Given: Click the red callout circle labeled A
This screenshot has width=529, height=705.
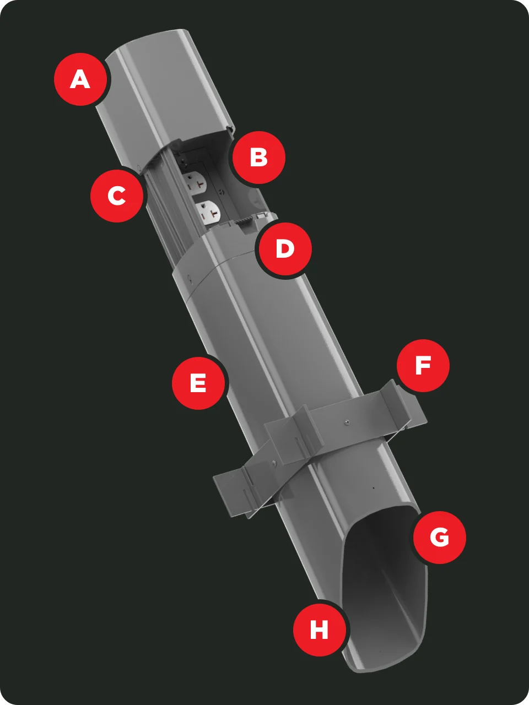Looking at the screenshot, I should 80,79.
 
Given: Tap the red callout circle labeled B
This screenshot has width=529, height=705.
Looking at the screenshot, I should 258,158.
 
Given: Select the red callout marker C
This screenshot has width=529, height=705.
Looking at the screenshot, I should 117,196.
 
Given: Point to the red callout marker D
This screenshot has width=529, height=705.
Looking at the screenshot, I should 285,249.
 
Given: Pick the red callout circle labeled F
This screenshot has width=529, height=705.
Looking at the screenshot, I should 423,366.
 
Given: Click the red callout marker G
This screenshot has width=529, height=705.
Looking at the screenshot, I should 439,537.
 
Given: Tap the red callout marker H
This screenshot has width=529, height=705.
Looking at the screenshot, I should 320,630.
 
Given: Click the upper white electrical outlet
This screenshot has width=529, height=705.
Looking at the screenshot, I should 194,182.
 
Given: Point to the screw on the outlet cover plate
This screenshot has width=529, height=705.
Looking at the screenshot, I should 221,192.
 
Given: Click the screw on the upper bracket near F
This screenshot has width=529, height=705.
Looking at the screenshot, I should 346,422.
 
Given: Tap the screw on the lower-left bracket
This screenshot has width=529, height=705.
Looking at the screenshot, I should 274,463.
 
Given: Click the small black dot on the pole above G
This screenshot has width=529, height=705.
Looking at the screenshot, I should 373,488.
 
